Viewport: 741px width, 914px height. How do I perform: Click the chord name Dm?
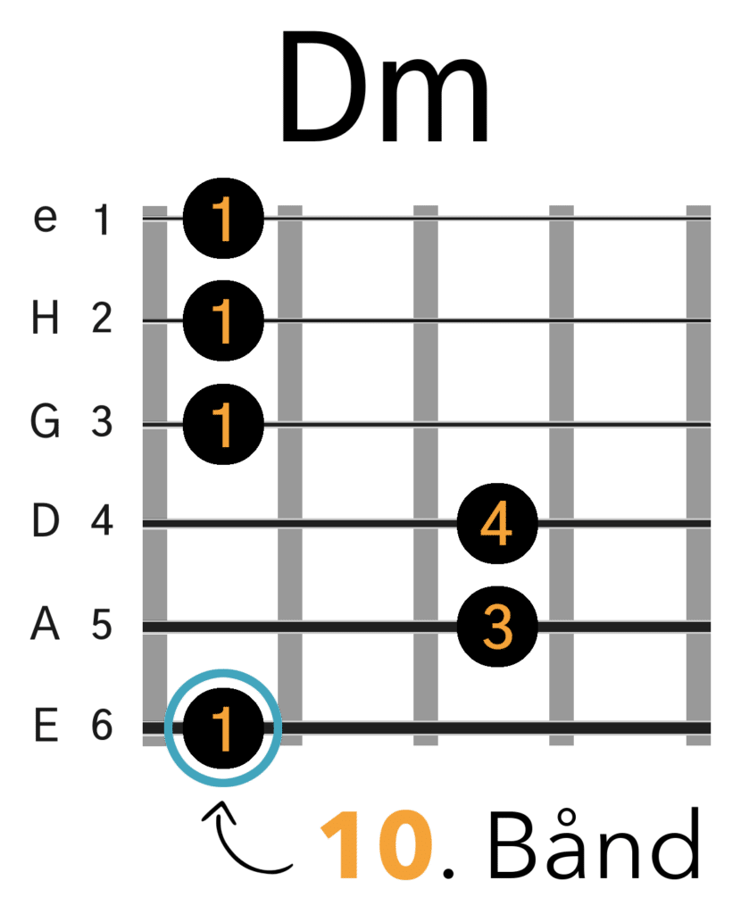click(x=385, y=87)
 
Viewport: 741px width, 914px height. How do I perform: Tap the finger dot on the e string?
click(x=223, y=218)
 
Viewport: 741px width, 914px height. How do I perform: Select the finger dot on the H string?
click(x=223, y=320)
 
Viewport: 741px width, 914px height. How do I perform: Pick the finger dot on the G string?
click(x=223, y=424)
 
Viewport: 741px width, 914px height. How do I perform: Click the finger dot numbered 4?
click(x=496, y=523)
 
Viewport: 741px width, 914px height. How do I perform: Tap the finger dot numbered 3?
click(x=496, y=627)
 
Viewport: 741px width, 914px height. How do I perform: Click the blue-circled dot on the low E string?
click(x=223, y=727)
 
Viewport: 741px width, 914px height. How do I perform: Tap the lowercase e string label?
click(x=45, y=218)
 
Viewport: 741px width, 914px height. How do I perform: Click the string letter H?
click(x=45, y=319)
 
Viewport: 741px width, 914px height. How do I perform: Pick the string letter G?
click(x=45, y=421)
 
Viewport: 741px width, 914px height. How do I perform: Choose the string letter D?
click(x=45, y=520)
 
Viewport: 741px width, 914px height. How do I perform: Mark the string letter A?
click(x=45, y=624)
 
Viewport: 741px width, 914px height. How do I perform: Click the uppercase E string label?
click(x=46, y=725)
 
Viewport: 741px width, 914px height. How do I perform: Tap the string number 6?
click(x=102, y=725)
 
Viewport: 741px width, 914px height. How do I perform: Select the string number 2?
click(x=102, y=319)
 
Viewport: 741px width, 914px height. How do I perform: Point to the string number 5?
click(x=102, y=624)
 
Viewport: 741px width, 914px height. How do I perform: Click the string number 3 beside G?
click(x=102, y=421)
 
